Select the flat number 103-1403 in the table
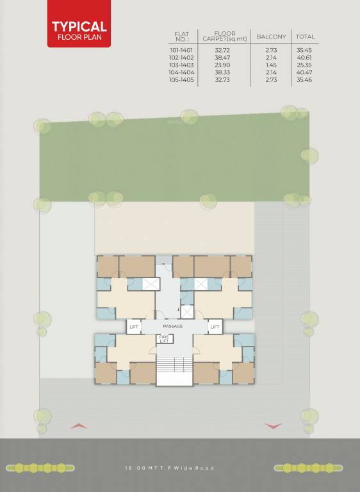click(x=181, y=65)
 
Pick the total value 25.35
click(x=306, y=65)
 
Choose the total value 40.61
click(x=306, y=57)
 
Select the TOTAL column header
click(x=306, y=37)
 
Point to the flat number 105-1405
click(x=181, y=79)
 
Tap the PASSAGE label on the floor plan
click(x=173, y=327)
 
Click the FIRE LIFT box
click(x=164, y=340)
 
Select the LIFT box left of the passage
click(x=134, y=327)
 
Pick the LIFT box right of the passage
click(x=215, y=327)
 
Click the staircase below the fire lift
click(x=174, y=365)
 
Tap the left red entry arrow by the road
click(x=79, y=425)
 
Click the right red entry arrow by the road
click(x=273, y=425)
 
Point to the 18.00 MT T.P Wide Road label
click(x=169, y=468)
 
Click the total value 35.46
click(x=306, y=79)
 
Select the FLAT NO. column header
click(x=181, y=37)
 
